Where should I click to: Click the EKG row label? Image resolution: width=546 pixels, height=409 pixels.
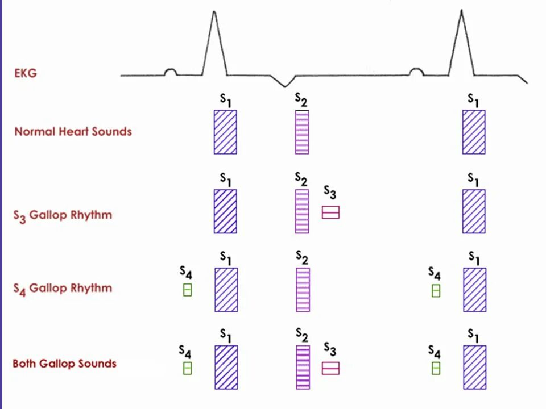pyautogui.click(x=26, y=73)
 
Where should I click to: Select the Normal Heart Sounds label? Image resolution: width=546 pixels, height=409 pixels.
pyautogui.click(x=73, y=132)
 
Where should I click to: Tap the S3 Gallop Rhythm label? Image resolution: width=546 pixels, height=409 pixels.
pyautogui.click(x=63, y=216)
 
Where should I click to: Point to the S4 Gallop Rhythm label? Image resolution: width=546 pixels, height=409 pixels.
pyautogui.click(x=63, y=288)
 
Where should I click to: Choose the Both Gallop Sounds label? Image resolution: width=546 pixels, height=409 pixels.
pyautogui.click(x=64, y=364)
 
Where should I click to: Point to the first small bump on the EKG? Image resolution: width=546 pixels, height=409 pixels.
pyautogui.click(x=169, y=72)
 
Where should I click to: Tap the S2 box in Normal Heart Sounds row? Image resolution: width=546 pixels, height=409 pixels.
pyautogui.click(x=302, y=132)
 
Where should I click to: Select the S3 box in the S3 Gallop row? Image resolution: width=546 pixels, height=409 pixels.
pyautogui.click(x=330, y=212)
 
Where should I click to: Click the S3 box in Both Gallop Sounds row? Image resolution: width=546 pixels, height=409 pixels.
pyautogui.click(x=330, y=368)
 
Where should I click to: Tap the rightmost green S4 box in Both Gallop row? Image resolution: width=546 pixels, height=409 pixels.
pyautogui.click(x=436, y=368)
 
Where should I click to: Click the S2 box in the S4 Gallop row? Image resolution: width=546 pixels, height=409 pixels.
pyautogui.click(x=303, y=290)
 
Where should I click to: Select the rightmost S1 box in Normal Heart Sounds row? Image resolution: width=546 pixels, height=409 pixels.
pyautogui.click(x=474, y=132)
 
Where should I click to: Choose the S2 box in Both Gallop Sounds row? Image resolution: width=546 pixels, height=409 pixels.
pyautogui.click(x=303, y=367)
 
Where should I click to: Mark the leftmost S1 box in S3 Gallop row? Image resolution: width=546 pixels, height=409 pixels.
pyautogui.click(x=225, y=211)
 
